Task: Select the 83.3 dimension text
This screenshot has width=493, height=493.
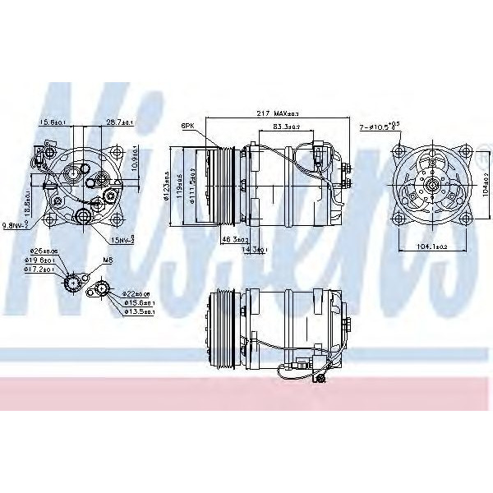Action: tap(285, 126)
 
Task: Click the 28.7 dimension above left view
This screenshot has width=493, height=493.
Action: tap(120, 122)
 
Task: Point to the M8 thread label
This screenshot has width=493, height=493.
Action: tap(107, 260)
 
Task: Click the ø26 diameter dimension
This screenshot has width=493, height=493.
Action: tap(43, 251)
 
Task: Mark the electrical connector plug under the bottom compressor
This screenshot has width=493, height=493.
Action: tap(318, 379)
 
